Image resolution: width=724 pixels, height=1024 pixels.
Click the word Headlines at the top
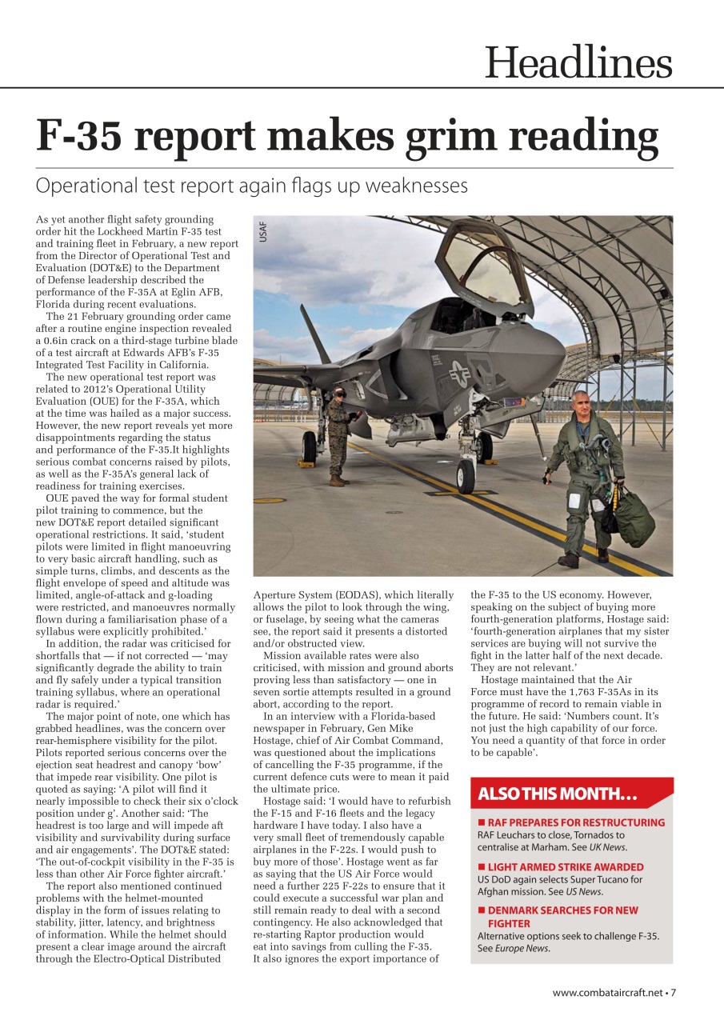(578, 62)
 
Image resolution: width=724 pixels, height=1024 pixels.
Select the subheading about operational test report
(251, 186)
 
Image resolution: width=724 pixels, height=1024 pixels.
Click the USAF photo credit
(263, 232)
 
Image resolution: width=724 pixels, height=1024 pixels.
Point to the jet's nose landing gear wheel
(466, 477)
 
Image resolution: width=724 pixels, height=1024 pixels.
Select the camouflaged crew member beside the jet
(338, 436)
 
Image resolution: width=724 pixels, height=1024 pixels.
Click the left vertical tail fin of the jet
(314, 336)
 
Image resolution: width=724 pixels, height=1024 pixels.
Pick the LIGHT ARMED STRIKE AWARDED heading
(565, 866)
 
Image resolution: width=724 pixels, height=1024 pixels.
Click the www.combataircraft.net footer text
(608, 993)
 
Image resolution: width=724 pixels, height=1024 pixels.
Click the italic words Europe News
(522, 949)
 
